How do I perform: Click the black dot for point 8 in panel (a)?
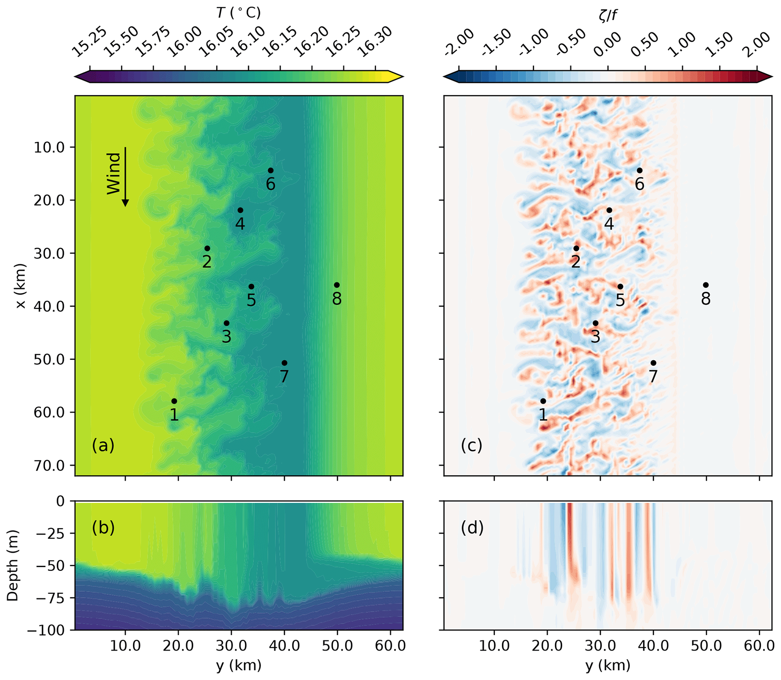337,285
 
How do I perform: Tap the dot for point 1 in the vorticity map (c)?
543,401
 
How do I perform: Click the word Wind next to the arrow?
113,173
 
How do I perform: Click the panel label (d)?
472,528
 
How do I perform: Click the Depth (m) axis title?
12,565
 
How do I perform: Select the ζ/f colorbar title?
608,15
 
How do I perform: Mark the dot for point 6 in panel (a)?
270,170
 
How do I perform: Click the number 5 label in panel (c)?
620,300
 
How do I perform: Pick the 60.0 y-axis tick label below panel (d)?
759,646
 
